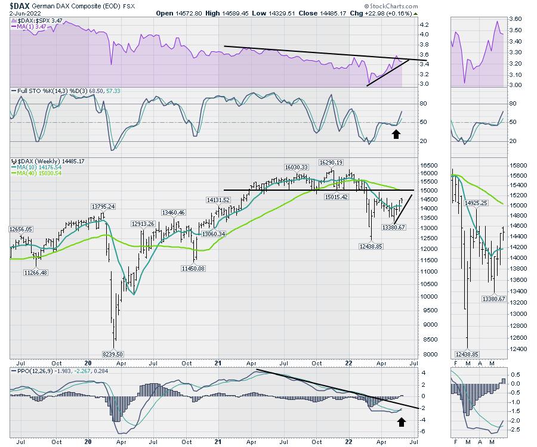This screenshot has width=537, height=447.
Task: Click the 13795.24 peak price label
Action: [x=103, y=206]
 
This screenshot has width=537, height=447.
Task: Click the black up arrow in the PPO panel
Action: [x=402, y=422]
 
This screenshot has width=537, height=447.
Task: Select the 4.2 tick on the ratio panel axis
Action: [x=424, y=25]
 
